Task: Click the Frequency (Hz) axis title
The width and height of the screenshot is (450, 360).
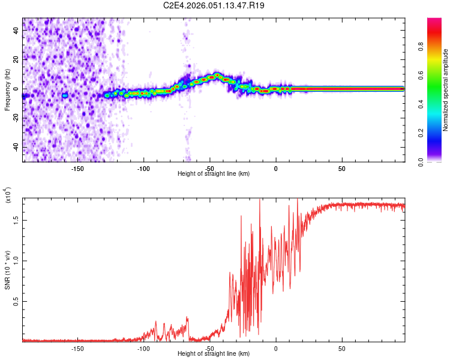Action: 7,90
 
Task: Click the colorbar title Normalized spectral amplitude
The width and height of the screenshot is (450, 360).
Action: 446,90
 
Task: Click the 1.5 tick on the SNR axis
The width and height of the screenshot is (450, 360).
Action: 16,220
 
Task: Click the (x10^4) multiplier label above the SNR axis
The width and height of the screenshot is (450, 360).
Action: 8,196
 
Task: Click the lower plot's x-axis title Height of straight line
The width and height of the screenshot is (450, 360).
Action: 214,354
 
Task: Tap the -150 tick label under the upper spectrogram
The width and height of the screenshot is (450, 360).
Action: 77,169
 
